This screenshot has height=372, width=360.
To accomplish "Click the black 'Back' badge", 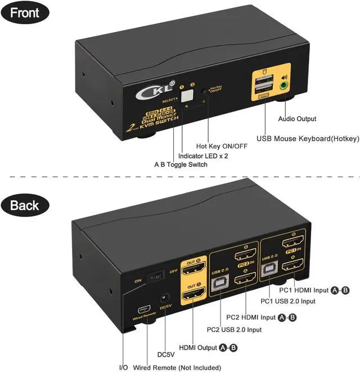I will [x=24, y=205].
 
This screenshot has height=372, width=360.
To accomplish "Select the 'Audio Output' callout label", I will [x=297, y=119].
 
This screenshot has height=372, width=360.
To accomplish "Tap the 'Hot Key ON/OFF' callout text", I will [x=221, y=145].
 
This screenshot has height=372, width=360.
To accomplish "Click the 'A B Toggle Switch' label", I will [x=181, y=164].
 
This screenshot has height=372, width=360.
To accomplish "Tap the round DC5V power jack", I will [x=165, y=299].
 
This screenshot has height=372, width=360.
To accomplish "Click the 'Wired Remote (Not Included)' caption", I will [x=176, y=367].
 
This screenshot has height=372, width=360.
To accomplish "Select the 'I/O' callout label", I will [x=123, y=367].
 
